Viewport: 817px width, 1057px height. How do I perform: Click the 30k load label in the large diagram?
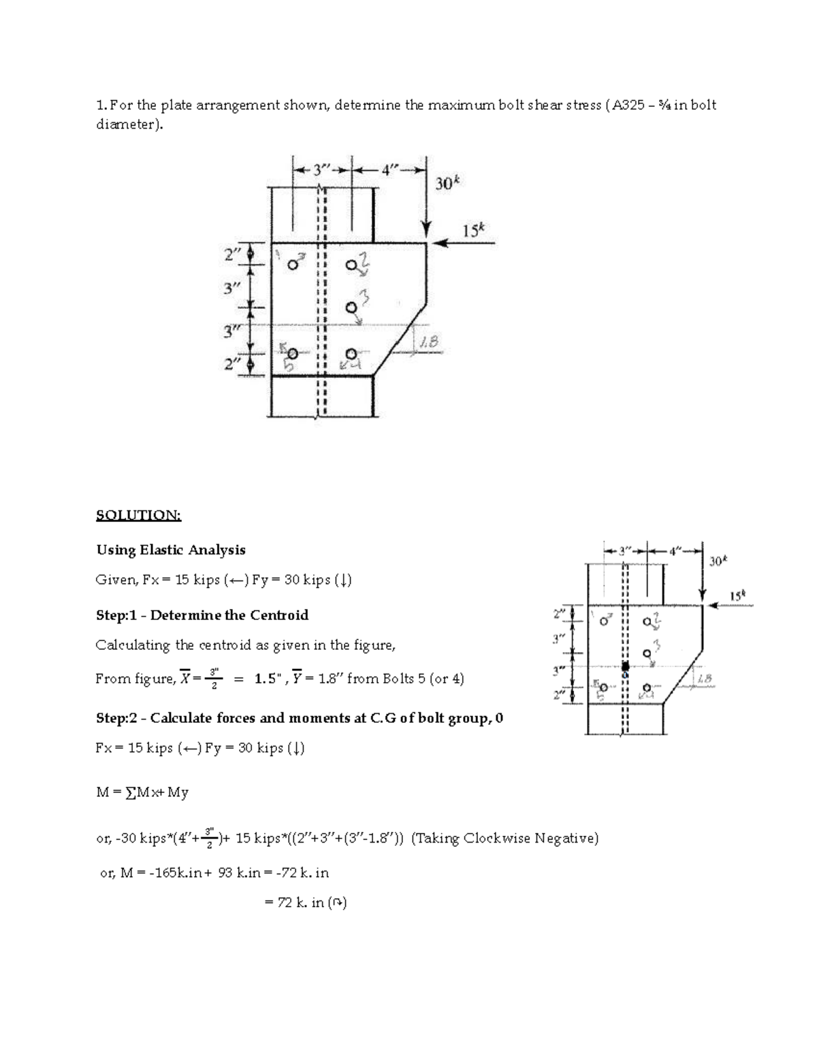point(447,183)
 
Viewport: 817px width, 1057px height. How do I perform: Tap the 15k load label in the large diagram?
point(475,230)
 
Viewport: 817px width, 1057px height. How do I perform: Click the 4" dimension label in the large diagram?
point(388,171)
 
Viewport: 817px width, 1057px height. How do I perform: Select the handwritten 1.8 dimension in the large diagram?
point(429,344)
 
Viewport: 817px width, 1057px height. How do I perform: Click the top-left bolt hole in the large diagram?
point(292,265)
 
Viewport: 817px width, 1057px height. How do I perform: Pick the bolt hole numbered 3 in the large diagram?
point(351,308)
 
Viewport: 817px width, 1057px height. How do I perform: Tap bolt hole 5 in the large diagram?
point(292,354)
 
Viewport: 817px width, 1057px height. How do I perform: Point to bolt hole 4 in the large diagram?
point(351,354)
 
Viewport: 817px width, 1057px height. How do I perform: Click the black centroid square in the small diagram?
point(626,667)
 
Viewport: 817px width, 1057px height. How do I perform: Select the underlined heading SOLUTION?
point(139,515)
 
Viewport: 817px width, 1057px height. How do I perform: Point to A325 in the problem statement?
point(625,105)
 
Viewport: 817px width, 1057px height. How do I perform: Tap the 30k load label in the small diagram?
point(717,562)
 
